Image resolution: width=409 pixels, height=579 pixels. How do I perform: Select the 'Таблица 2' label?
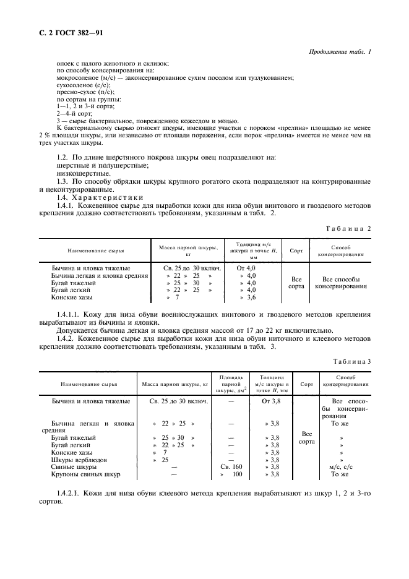click(350, 228)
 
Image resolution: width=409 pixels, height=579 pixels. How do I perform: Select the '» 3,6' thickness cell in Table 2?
click(247, 298)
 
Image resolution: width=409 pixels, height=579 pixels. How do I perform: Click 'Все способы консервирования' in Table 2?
click(342, 283)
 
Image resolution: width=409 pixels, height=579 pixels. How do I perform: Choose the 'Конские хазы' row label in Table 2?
click(72, 298)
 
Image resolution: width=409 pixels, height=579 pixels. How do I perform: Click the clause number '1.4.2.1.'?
click(70, 492)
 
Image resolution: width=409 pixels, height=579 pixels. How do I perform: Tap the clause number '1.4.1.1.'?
click(70, 314)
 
